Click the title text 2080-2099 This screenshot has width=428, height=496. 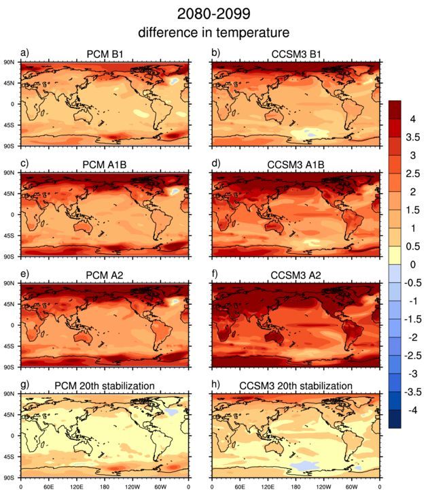pos(214,13)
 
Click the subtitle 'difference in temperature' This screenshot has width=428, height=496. pos(214,32)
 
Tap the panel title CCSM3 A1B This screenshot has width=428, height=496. pos(296,165)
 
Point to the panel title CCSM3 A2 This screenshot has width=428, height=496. pos(296,276)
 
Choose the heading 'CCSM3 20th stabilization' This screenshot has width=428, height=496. pos(296,386)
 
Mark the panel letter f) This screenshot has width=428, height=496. pos(215,275)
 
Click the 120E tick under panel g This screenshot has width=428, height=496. pos(76,488)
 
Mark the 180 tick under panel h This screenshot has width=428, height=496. pos(295,488)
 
